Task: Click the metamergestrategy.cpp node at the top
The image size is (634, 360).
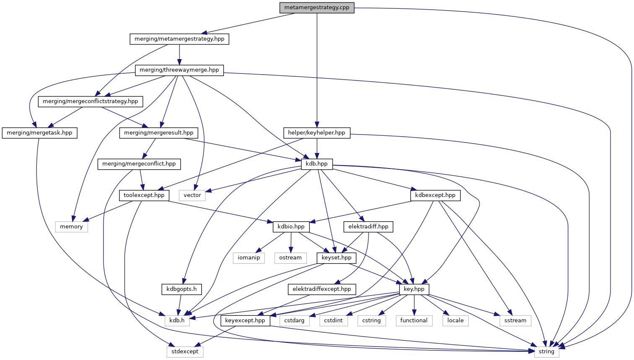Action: coord(317,8)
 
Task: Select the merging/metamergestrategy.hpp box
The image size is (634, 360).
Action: coord(179,39)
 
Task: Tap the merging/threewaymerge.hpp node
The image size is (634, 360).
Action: coord(179,70)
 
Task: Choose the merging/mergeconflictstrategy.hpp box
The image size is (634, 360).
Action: coord(90,101)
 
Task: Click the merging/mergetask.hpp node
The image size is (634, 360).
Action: coord(39,133)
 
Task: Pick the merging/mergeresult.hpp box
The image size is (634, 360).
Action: coord(158,133)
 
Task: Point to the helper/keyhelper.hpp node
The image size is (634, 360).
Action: coord(317,133)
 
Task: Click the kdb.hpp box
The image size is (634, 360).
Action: coord(317,164)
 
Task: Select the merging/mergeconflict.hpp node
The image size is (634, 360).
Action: coord(139,164)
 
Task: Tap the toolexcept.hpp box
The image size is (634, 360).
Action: coord(144,195)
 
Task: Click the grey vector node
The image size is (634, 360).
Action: coord(192,195)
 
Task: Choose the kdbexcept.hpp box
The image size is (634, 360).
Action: coord(435,195)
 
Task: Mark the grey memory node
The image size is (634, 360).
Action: coord(71,227)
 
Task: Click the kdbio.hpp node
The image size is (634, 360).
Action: coord(291,227)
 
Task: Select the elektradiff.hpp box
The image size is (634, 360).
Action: coord(368,227)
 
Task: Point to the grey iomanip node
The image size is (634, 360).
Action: coord(249,258)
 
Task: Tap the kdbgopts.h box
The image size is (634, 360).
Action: coord(181,289)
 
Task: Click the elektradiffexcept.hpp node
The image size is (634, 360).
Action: coord(322,289)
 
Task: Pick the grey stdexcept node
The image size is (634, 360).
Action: coord(185,352)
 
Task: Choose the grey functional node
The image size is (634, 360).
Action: coord(414,321)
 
